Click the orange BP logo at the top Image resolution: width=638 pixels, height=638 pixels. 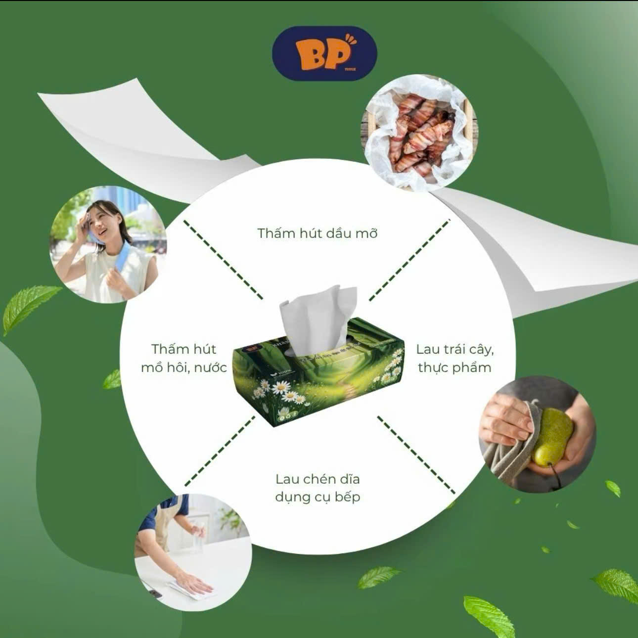[324, 52]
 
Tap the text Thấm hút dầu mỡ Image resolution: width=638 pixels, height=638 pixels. [317, 233]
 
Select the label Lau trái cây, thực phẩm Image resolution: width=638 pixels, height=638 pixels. [455, 358]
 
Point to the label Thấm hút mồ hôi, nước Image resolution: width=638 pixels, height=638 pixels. [183, 358]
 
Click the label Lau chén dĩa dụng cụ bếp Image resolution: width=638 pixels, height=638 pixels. [318, 488]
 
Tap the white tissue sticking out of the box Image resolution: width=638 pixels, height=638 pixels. [317, 317]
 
